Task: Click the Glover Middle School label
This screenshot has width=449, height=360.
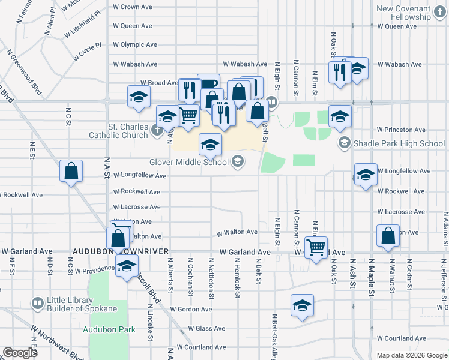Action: (x=189, y=162)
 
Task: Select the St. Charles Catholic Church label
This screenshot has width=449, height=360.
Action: (x=127, y=131)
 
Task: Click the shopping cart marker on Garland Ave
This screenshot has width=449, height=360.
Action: (x=316, y=246)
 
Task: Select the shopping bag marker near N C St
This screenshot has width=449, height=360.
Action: (x=71, y=171)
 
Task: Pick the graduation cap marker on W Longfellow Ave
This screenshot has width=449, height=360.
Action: (x=366, y=175)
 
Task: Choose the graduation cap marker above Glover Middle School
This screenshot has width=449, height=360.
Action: (x=210, y=144)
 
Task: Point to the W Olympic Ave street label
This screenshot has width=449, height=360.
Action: (x=135, y=44)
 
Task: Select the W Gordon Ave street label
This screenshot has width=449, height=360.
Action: (x=191, y=310)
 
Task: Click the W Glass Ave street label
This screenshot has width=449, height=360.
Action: (x=206, y=329)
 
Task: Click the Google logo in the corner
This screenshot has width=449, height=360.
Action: (x=20, y=353)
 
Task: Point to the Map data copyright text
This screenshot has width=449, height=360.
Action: (x=411, y=355)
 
